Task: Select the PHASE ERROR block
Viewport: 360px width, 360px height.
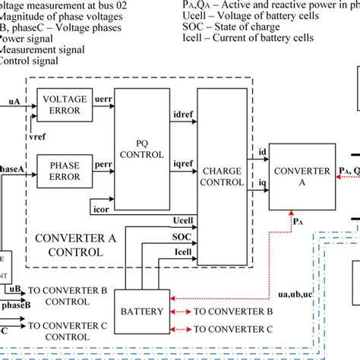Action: [64, 171]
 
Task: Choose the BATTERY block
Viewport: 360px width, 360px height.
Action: [138, 311]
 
